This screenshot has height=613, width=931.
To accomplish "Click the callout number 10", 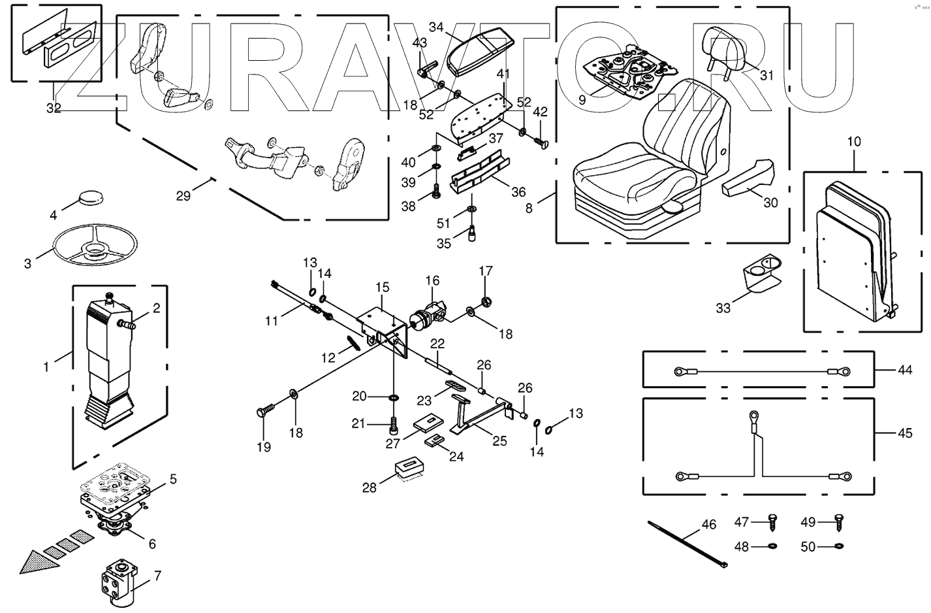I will tap(855, 141).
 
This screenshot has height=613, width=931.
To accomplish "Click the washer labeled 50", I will tap(839, 546).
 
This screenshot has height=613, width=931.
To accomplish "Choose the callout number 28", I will tap(370, 487).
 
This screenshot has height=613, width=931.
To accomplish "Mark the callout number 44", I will tap(904, 370).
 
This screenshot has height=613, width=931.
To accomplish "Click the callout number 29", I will tap(183, 195).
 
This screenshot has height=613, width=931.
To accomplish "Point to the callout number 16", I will tap(432, 281).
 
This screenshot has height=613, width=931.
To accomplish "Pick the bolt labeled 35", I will tap(471, 233).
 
